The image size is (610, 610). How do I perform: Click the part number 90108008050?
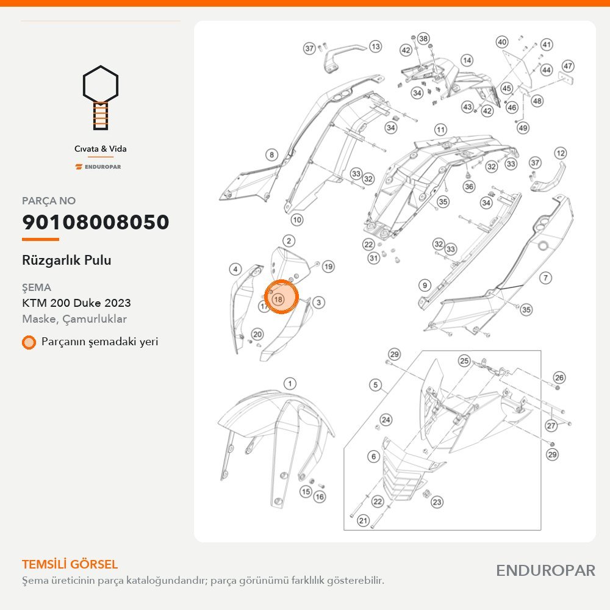click(x=96, y=222)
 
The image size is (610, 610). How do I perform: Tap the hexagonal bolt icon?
click(x=101, y=97)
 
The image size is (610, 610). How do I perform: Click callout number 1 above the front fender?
click(x=290, y=384)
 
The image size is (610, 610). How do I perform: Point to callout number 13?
click(x=375, y=47)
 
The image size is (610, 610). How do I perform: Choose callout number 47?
click(x=568, y=66)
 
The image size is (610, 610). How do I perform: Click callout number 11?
click(x=440, y=129)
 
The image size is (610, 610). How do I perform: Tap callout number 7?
click(x=545, y=278)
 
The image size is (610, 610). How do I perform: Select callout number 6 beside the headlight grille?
click(x=373, y=456)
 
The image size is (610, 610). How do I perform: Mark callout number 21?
click(x=363, y=520)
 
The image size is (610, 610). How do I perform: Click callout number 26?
click(x=559, y=378)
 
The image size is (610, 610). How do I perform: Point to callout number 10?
click(x=297, y=220)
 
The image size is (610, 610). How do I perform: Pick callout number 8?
click(x=271, y=155)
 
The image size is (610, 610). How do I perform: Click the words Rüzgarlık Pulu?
click(x=66, y=260)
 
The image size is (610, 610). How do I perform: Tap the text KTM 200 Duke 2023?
click(x=76, y=303)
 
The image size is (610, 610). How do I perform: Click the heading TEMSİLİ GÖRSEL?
click(x=70, y=564)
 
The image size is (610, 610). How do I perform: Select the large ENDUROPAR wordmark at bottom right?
click(x=545, y=571)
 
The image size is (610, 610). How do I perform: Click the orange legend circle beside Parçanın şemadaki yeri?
click(x=29, y=342)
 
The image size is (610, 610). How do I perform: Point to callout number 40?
click(x=502, y=42)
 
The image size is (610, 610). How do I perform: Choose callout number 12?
click(x=560, y=153)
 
